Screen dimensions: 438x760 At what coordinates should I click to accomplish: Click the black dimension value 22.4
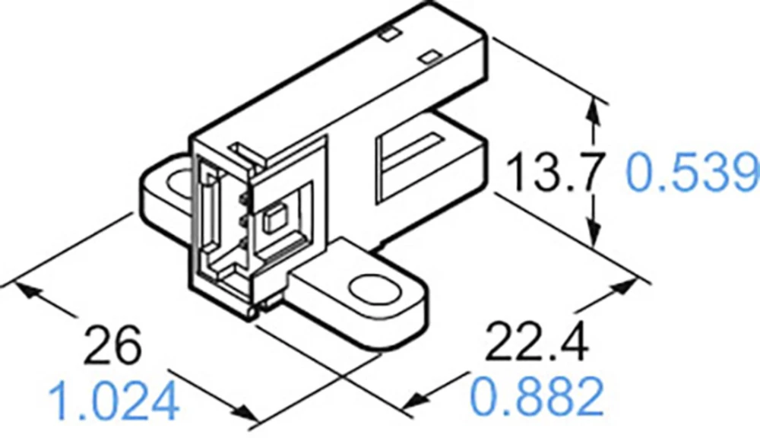pos(537,344)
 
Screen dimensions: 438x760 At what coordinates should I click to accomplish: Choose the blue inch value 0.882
pos(537,395)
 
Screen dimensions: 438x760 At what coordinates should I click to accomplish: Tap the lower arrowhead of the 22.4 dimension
pos(415,401)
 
